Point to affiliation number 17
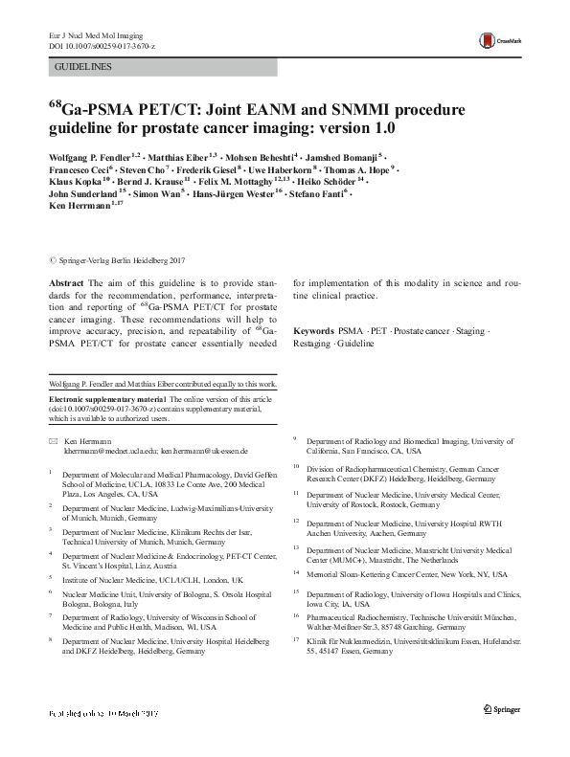(297, 636)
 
